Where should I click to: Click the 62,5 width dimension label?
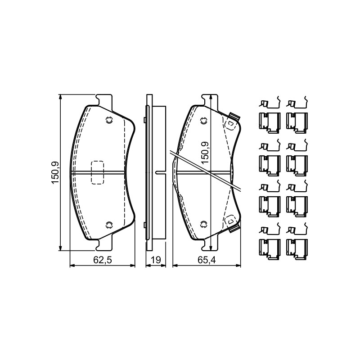pos(102,260)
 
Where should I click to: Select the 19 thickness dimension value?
pos(156,260)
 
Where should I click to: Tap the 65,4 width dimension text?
pos(207,260)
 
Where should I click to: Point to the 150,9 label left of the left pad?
pos(55,173)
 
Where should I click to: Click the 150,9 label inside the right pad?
pos(205,153)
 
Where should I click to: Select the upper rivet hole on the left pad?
pos(109,120)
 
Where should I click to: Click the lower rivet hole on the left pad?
pos(109,225)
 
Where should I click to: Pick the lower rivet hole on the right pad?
pos(203,224)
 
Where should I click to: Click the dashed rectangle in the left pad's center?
pos(98,172)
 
